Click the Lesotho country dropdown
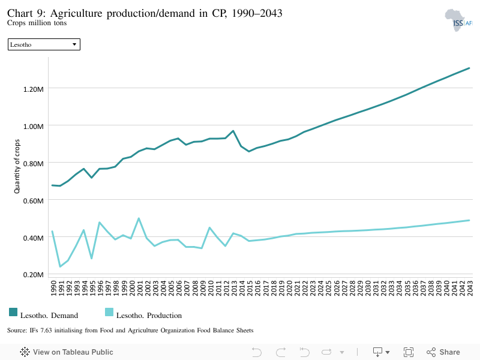[x=44, y=44]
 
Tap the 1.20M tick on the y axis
[x=34, y=89]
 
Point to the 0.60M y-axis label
[x=34, y=201]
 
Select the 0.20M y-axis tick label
[x=34, y=275]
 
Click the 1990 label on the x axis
[x=53, y=288]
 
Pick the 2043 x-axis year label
[x=470, y=288]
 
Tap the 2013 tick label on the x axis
[x=234, y=288]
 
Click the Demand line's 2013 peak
[x=233, y=131]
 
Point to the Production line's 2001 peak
[x=139, y=218]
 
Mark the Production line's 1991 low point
[x=60, y=266]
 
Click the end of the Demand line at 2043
[x=469, y=68]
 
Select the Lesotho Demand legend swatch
[x=13, y=312]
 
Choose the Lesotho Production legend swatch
[x=109, y=312]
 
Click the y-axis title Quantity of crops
[x=17, y=166]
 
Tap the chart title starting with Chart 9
[x=145, y=13]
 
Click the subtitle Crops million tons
[x=37, y=23]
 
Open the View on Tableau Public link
[x=67, y=352]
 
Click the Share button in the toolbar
[x=443, y=352]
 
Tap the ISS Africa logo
[x=458, y=20]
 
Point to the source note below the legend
[x=130, y=331]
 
